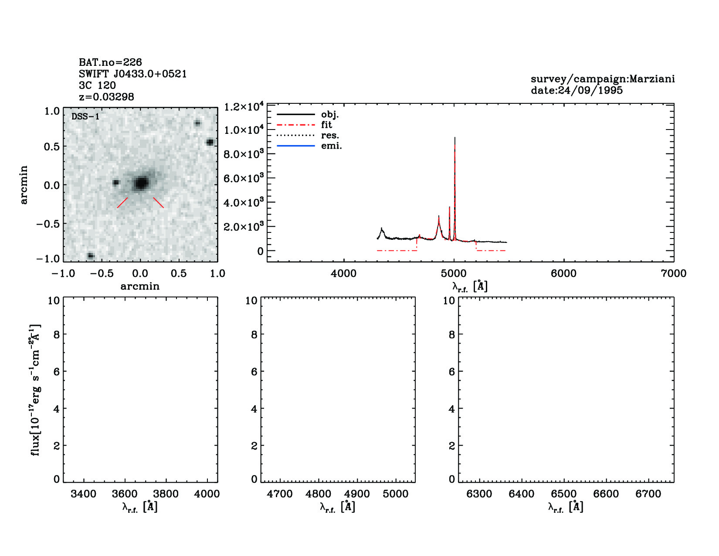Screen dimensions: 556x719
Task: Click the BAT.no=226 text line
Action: [x=110, y=62]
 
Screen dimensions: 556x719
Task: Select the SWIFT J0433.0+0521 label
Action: [x=132, y=74]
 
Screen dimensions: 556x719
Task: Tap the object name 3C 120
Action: [x=97, y=85]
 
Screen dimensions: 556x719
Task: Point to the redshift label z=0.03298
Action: [x=106, y=97]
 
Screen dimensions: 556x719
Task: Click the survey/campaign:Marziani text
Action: [x=603, y=79]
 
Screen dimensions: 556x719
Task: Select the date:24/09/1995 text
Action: [x=577, y=90]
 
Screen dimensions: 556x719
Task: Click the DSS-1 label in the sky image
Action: [x=85, y=117]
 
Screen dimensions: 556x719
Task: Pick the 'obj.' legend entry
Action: [x=330, y=115]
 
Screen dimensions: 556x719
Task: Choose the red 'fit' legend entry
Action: [x=326, y=125]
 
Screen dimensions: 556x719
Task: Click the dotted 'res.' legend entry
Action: [x=330, y=136]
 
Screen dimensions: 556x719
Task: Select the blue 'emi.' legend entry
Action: [x=331, y=146]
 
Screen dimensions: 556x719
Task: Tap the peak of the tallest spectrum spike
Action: [x=455, y=138]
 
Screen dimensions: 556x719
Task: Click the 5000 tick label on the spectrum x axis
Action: [x=454, y=273]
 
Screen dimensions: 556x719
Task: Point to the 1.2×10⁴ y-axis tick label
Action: [x=244, y=107]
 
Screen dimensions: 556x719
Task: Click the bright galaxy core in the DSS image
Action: [x=140, y=183]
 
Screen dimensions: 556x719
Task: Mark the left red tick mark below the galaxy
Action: [x=122, y=203]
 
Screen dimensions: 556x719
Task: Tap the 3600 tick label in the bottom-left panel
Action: [x=125, y=494]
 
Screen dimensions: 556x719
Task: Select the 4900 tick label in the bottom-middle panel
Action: [x=357, y=494]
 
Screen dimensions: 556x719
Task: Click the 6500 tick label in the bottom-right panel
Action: [x=564, y=494]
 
